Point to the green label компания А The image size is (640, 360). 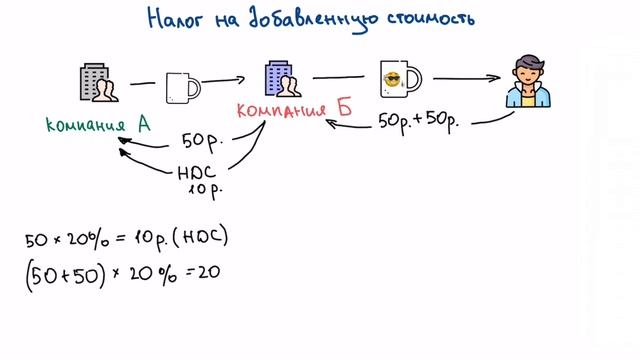(98, 125)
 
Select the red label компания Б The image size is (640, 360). (295, 109)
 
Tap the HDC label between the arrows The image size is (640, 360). (197, 172)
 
